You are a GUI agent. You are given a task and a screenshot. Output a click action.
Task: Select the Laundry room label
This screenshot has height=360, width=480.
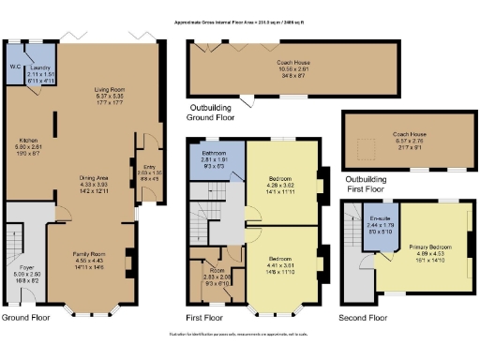click(x=38, y=68)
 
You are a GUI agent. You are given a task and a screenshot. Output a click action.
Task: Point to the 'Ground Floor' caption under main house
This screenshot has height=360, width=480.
click(x=25, y=318)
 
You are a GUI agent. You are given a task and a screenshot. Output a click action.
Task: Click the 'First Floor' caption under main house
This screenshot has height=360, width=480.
click(x=207, y=318)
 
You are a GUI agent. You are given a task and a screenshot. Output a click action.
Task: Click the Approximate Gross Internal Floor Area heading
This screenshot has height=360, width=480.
click(x=240, y=20)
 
